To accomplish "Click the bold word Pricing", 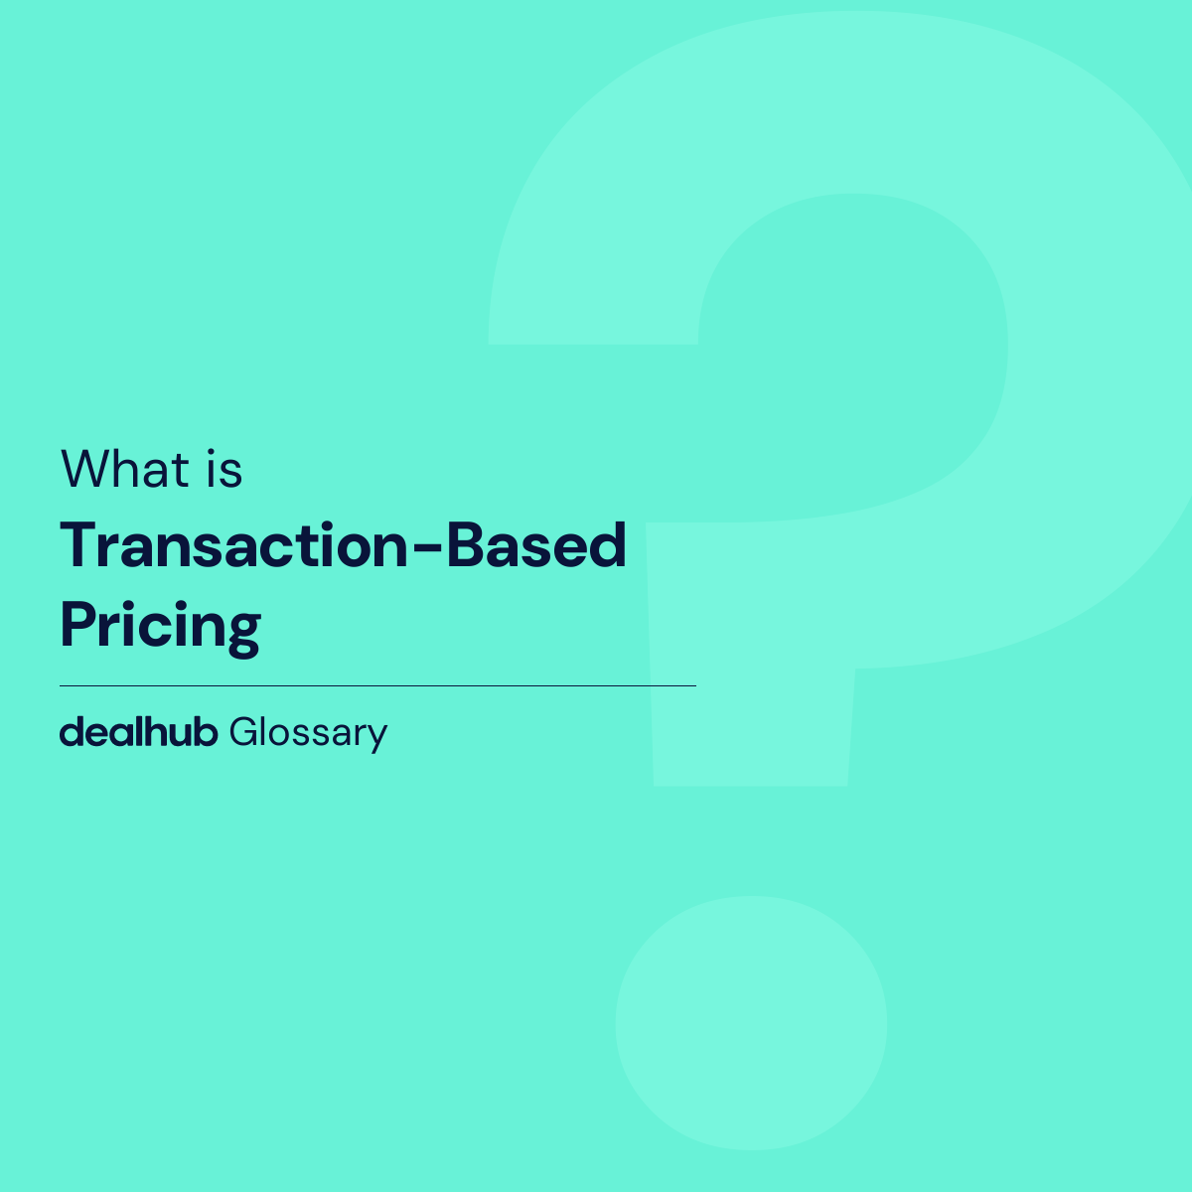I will [160, 626].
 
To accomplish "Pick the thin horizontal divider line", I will [377, 685].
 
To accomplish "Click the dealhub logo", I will [138, 732].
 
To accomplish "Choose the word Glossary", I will [308, 733].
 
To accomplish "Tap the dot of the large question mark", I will [751, 1023].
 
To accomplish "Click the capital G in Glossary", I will [242, 732].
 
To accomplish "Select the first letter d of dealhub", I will [70, 732].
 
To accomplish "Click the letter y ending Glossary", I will [377, 738].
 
